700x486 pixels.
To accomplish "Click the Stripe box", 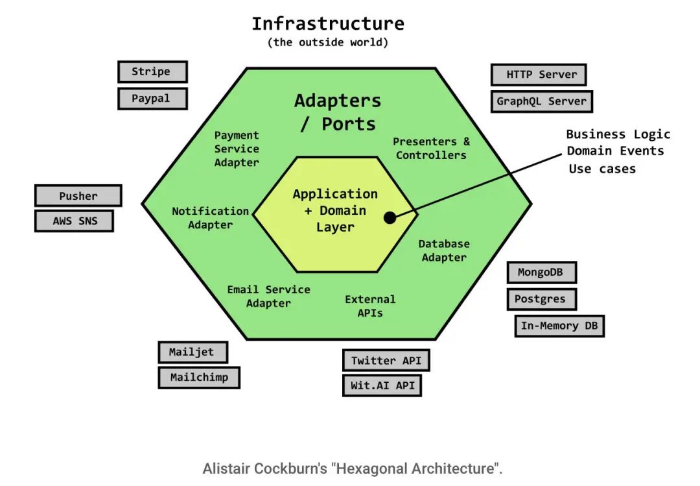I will coord(152,72).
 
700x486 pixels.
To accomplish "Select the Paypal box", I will coord(152,99).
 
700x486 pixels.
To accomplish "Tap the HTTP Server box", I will coord(538,75).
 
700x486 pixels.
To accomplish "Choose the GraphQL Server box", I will coord(541,101).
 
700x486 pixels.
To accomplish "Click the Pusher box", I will coord(78,196).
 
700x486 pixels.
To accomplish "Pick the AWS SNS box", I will coord(74,221).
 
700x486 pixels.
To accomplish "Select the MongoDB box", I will coord(541,273).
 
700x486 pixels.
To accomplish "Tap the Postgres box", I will coord(541,299).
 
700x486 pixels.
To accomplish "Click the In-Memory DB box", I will coord(559,326).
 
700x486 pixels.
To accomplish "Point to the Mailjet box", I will coord(193,352).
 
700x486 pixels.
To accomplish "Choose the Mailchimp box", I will coord(199,377).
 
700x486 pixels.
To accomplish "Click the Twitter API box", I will coord(386,361).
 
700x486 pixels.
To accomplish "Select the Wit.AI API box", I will coord(382,385).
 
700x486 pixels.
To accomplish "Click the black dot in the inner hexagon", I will coord(390,218).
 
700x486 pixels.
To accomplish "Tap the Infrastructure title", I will coord(327,24).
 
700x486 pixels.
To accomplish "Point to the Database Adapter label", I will coord(444,250).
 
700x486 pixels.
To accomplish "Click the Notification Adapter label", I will coord(210,218).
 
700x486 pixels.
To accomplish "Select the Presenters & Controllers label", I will coord(431,149).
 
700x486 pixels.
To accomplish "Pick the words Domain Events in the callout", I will coord(615,151).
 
